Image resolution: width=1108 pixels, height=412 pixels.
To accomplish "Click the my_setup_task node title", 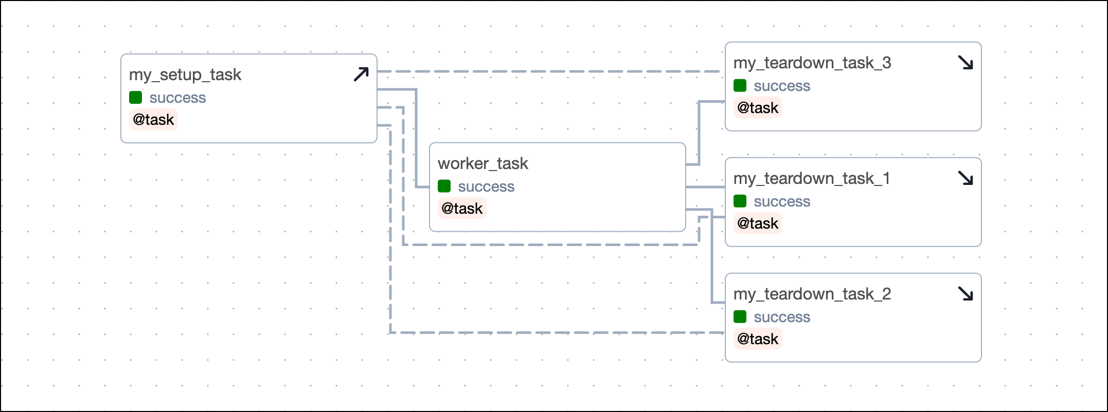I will pos(185,75).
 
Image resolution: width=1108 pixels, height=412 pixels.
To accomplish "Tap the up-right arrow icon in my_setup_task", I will pos(361,74).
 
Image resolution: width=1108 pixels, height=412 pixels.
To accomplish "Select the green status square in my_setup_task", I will pos(136,98).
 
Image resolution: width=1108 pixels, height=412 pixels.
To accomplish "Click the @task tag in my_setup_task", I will pos(153,120).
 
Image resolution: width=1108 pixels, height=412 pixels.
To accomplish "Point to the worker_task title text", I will pos(482,164).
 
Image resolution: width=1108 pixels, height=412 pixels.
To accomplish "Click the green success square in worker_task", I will pos(444,186).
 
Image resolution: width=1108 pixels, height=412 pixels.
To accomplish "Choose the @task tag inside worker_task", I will pos(462,209).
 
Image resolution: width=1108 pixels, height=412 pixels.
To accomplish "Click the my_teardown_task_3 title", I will pos(812,63).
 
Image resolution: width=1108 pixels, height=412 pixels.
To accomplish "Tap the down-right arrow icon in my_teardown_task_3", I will pos(966,63).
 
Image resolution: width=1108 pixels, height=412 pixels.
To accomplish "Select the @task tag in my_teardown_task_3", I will pos(758,108).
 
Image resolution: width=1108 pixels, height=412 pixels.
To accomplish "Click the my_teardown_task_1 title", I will pos(811,179).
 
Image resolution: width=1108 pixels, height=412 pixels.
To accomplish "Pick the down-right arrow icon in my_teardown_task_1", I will pos(966,178).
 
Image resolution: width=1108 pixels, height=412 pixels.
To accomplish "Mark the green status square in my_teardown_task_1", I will pos(740,201).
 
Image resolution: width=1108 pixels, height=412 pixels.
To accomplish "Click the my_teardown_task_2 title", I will pos(812,294).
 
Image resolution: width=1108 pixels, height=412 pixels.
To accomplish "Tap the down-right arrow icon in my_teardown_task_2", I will pos(966,294).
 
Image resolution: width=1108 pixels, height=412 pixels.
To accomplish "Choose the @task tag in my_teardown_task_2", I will pos(758,339).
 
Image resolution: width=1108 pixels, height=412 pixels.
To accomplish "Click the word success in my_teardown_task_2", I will pos(782,317).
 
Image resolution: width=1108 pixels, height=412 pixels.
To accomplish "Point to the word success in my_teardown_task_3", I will pos(782,86).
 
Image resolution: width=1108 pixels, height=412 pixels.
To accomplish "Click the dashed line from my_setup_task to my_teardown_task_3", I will pos(550,71).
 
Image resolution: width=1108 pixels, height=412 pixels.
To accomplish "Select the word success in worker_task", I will pos(486,187).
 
